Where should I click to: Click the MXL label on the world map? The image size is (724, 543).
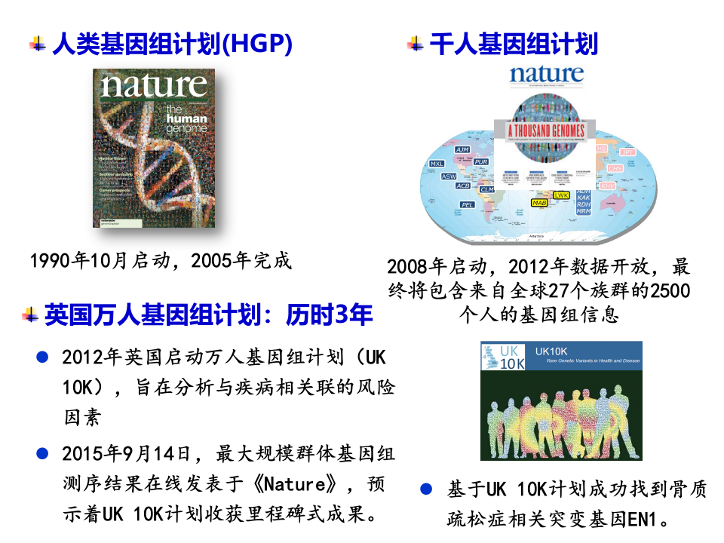coord(437,163)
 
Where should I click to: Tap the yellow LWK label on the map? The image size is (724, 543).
coord(561,195)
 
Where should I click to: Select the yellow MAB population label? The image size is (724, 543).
coord(539,203)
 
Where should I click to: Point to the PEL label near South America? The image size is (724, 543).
coord(467,204)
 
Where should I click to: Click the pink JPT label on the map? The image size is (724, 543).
coord(627,152)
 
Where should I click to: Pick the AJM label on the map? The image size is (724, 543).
coord(462,150)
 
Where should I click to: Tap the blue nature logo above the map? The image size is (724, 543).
coord(546,75)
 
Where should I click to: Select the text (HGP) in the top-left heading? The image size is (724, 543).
coord(258,44)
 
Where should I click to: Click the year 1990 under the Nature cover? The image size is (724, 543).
coord(51,261)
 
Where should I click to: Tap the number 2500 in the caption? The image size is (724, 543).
coord(670,290)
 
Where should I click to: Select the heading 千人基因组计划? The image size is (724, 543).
coord(514,44)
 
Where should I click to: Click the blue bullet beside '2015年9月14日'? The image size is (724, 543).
coord(43,453)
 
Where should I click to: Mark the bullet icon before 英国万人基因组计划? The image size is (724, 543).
coord(30,314)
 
